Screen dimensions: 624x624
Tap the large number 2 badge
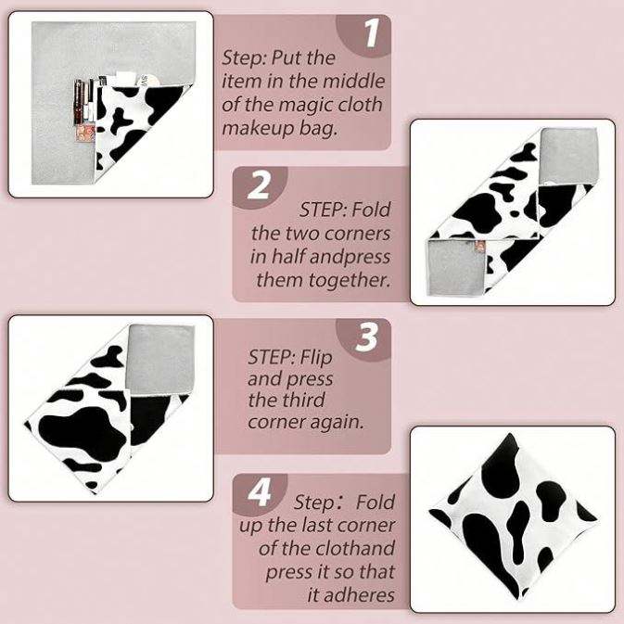tap(259, 185)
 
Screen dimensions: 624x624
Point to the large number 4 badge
tap(260, 492)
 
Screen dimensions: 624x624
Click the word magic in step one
tap(306, 105)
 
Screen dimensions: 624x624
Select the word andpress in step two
tap(330, 257)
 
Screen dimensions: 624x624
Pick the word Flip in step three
tap(316, 357)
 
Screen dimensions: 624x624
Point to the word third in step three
tap(304, 400)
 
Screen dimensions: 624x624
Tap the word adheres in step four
tap(351, 595)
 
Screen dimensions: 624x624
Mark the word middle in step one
tap(354, 82)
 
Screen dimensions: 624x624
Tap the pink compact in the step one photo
tap(85, 132)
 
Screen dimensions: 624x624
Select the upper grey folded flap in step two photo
tap(569, 158)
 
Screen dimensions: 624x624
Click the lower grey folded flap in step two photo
tap(458, 267)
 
